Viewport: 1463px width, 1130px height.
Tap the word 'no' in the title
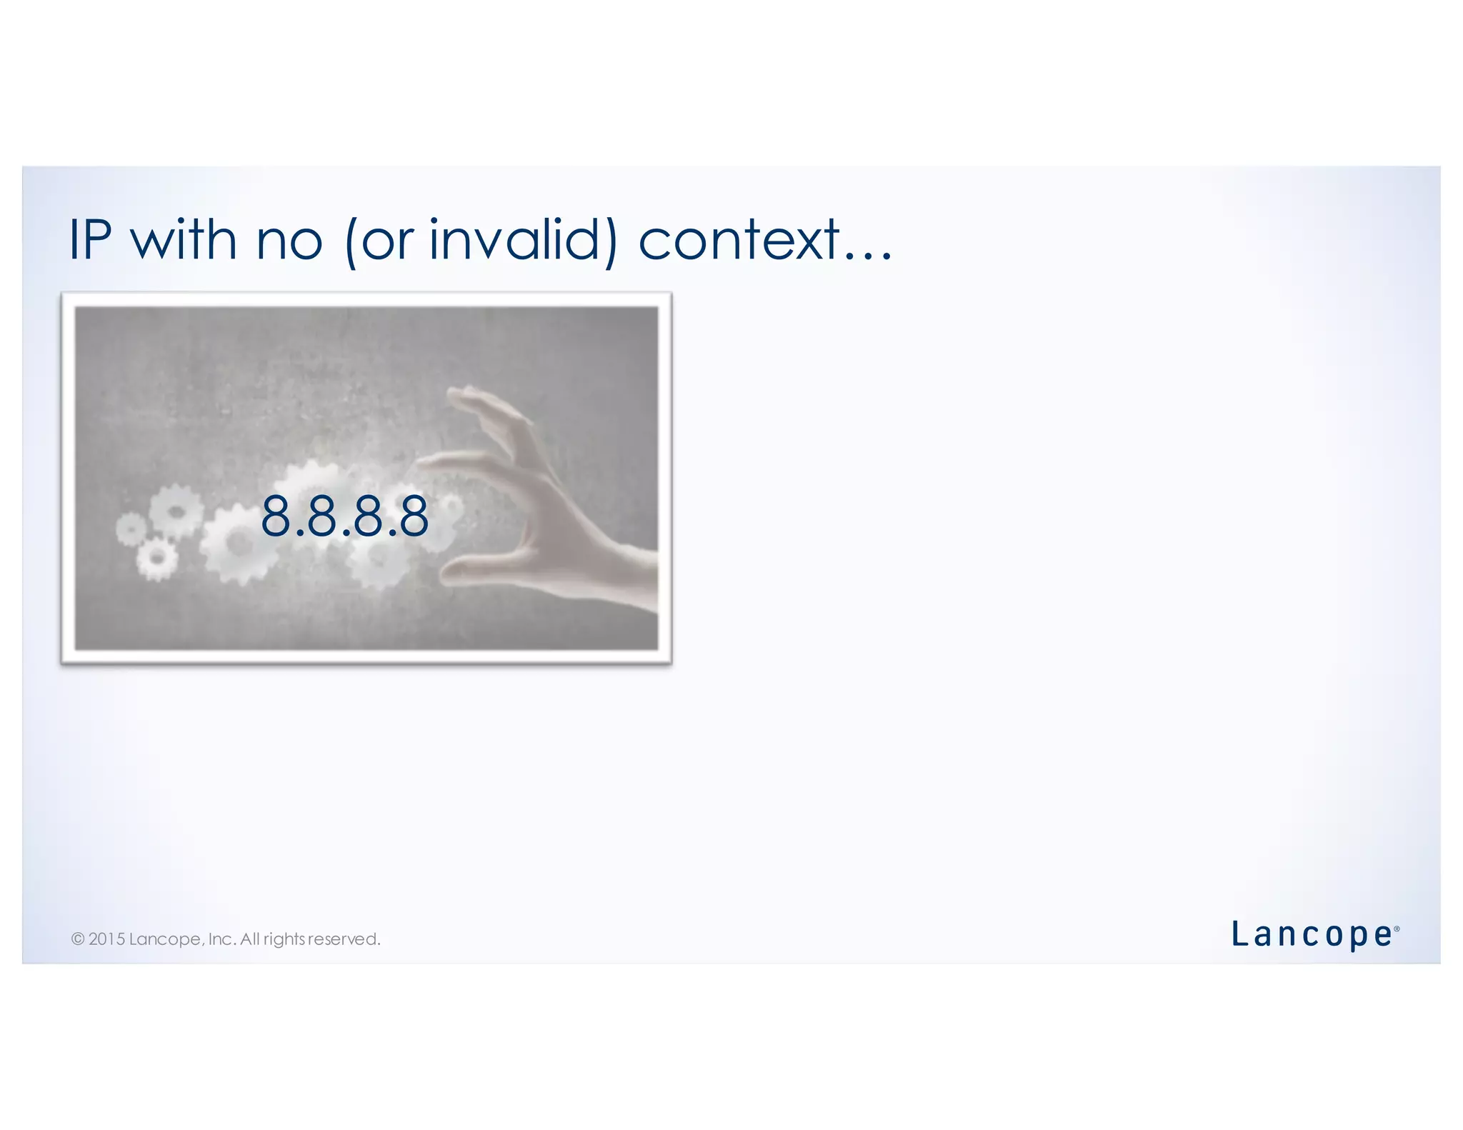tap(289, 241)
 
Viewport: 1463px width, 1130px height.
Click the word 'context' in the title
tap(739, 241)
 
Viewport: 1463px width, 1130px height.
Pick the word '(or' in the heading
tap(378, 241)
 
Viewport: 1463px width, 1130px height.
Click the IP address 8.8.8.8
tap(344, 516)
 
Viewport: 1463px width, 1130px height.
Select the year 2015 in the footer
tap(106, 939)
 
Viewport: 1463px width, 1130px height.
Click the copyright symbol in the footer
tap(78, 939)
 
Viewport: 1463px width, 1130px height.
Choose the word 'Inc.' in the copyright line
tap(222, 939)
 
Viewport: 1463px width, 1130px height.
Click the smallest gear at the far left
tap(130, 529)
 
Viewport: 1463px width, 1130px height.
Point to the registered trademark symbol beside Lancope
tap(1397, 929)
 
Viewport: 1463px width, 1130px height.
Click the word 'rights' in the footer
tap(284, 939)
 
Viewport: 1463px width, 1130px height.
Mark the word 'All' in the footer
tap(250, 939)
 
